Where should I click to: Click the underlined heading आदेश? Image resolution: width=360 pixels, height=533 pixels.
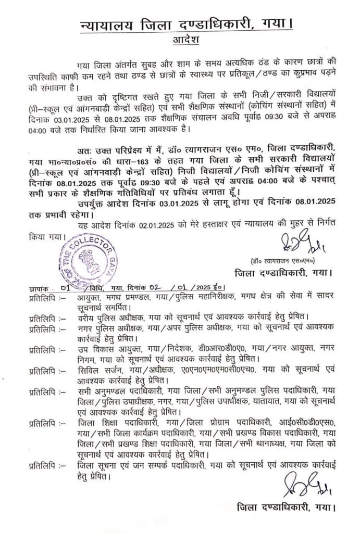point(183,40)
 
